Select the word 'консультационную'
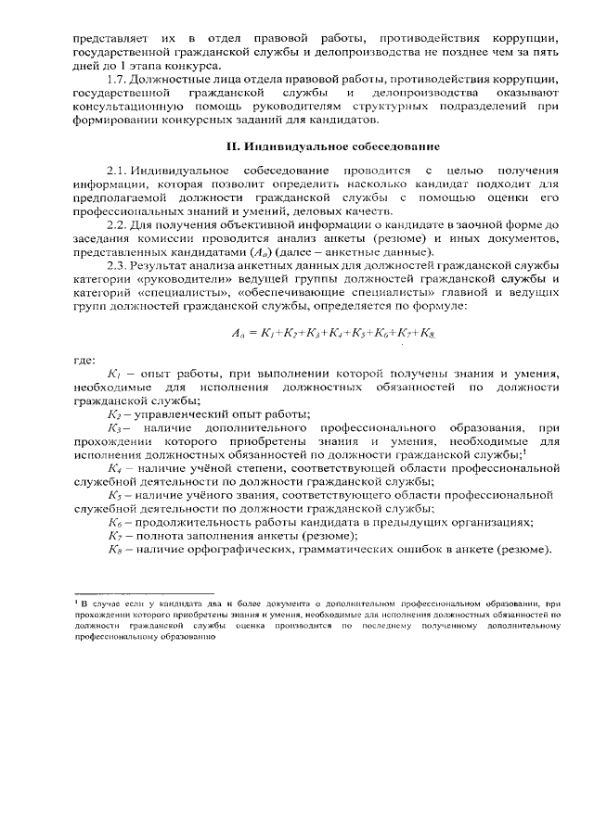[126, 108]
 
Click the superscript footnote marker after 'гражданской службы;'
[524, 452]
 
